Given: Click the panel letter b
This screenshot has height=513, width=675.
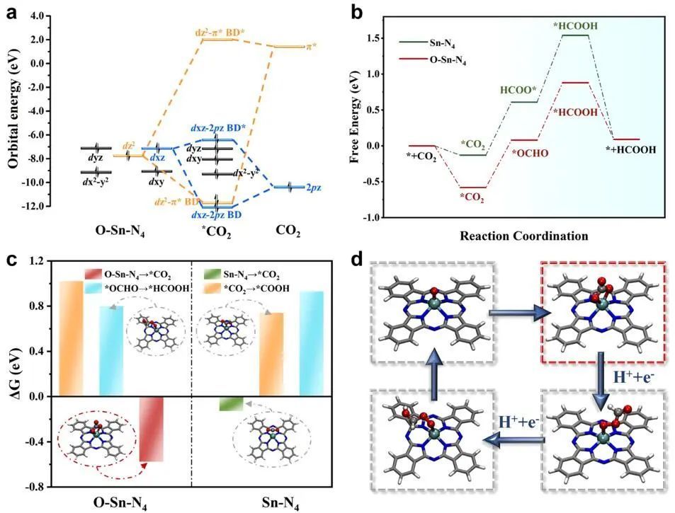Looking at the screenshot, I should tap(358, 12).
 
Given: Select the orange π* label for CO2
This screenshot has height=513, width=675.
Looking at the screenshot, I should tap(309, 46).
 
